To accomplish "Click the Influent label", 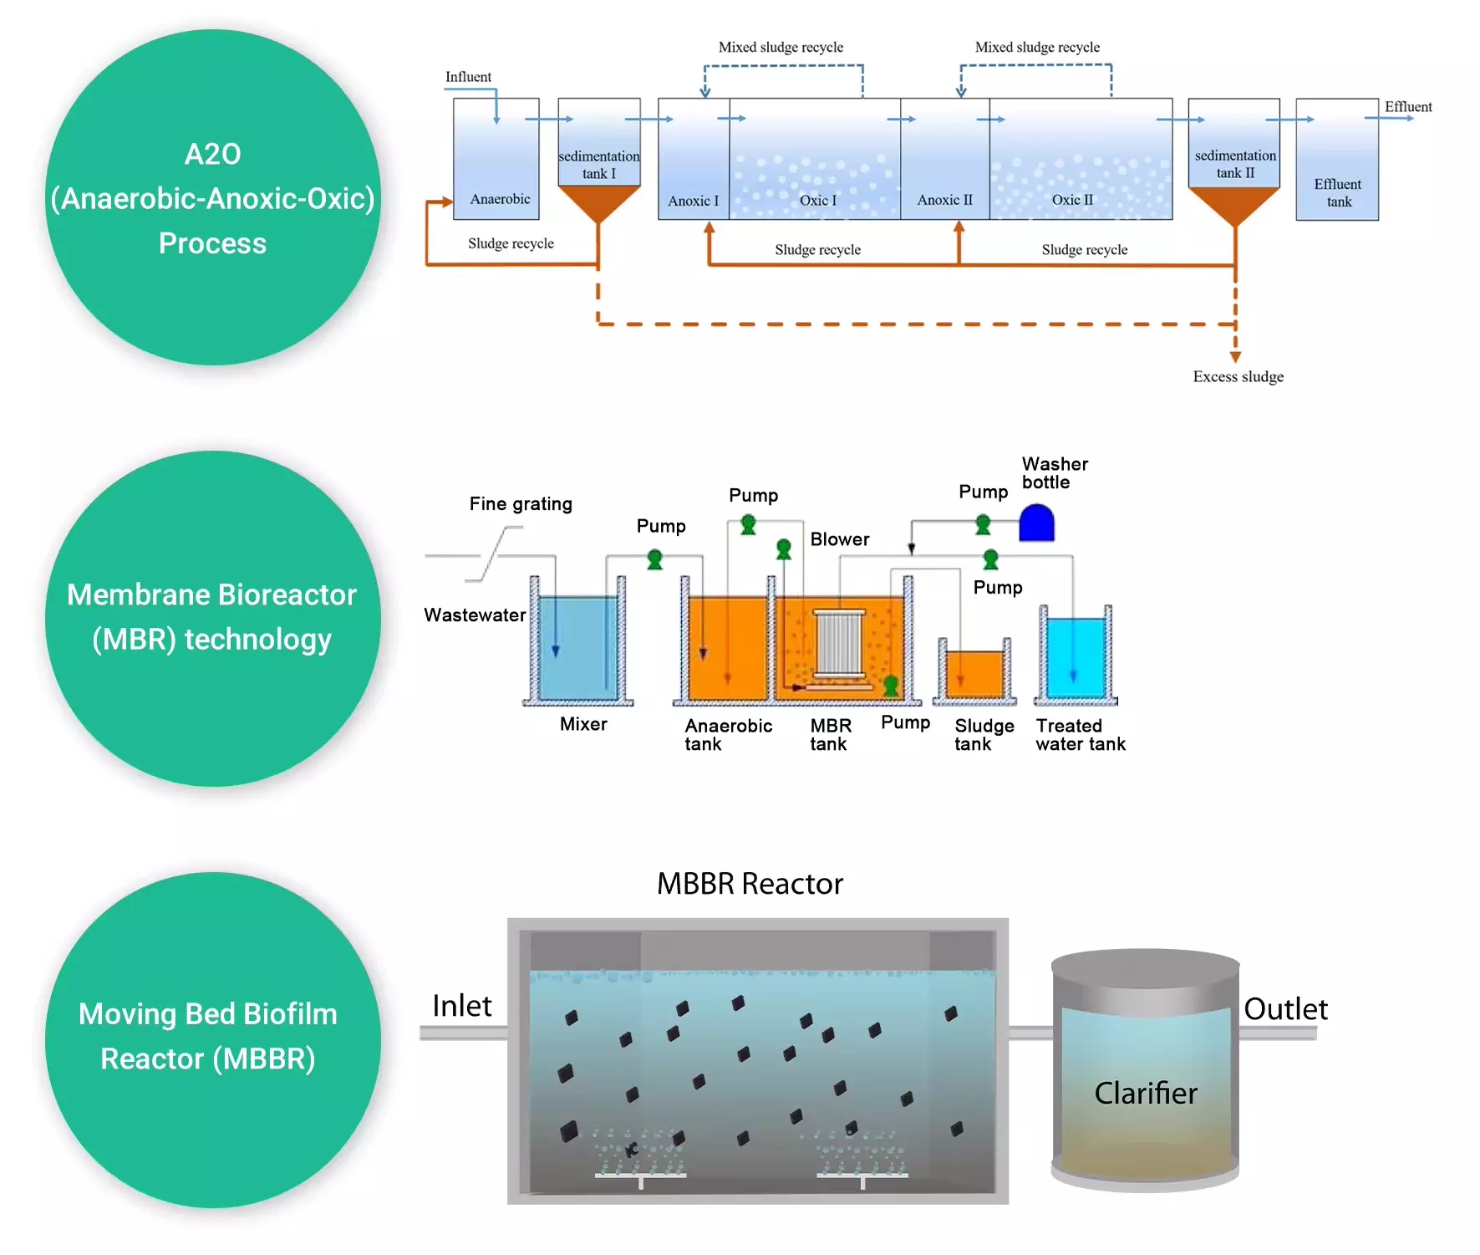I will [x=468, y=77].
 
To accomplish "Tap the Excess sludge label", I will [x=1238, y=376].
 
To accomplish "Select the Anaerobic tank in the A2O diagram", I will [x=496, y=159].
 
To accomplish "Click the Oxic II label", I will [x=1072, y=200].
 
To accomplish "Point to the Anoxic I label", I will [x=693, y=201].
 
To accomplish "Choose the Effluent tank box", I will [x=1337, y=159].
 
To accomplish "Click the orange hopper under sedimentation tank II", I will [x=1234, y=204].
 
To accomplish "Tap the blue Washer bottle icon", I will [x=1037, y=523].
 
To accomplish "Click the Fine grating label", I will [x=521, y=503].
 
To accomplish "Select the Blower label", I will [x=840, y=539].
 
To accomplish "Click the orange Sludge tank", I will [x=974, y=674].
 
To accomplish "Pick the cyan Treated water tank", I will [x=1076, y=657].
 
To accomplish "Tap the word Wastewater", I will [x=475, y=615].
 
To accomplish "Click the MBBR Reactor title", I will [x=750, y=884].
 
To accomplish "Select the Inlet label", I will [x=461, y=1006].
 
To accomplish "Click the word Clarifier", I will [x=1146, y=1093].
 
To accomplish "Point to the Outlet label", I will [x=1285, y=1009].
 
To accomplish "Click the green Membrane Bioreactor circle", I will [x=212, y=618].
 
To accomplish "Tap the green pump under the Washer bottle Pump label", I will [x=984, y=525].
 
